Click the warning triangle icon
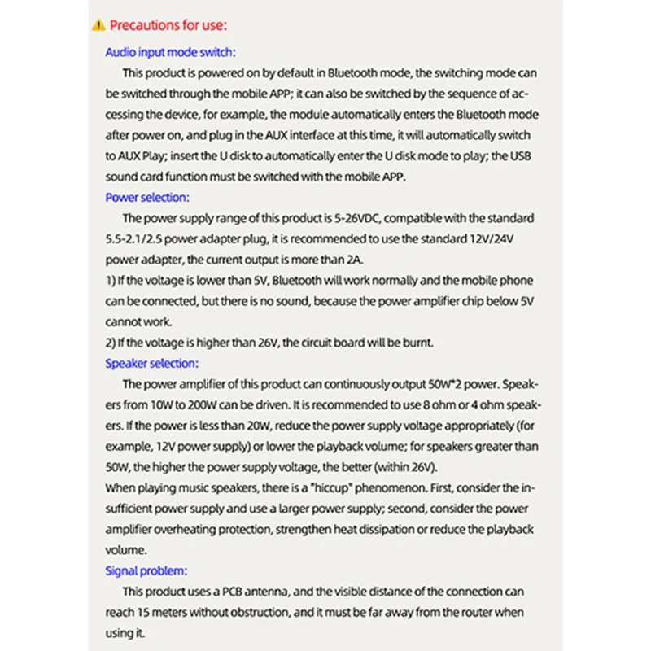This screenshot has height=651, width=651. [99, 25]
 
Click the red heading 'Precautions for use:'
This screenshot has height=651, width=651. [167, 25]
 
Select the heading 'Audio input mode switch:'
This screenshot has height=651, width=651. [169, 51]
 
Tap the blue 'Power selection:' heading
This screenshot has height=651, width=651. [146, 197]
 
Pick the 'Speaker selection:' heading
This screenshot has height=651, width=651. [151, 364]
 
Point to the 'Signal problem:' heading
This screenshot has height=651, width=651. [146, 570]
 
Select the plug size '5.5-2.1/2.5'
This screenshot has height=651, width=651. [145, 238]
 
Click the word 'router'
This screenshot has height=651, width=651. [457, 612]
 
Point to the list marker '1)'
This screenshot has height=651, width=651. [111, 281]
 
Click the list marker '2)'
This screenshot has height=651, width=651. [111, 343]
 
